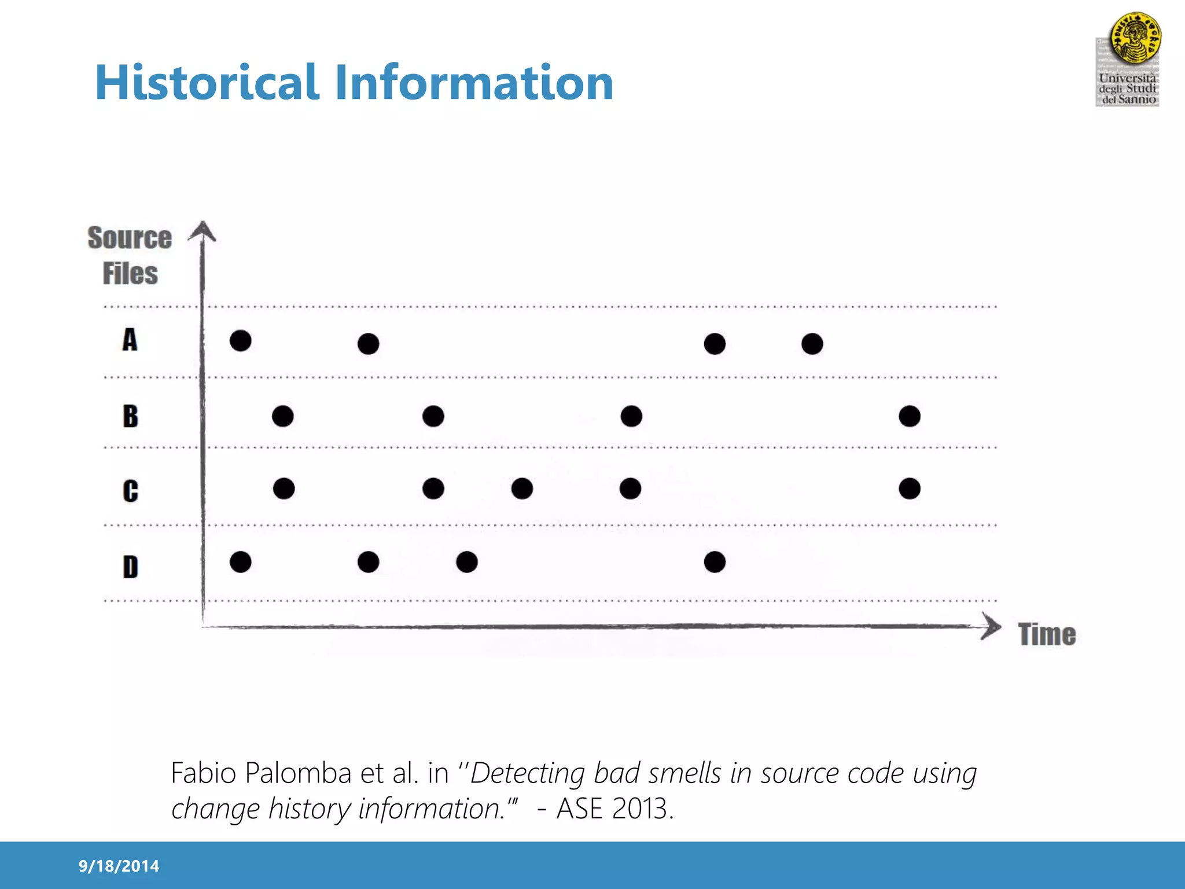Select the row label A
[x=130, y=340]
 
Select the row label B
[x=130, y=416]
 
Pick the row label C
[x=130, y=491]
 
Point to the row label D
[x=130, y=567]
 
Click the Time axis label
[x=1047, y=634]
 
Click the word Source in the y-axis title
[x=130, y=238]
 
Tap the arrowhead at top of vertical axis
[x=202, y=230]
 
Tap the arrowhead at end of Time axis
[x=992, y=627]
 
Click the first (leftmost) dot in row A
[x=240, y=340]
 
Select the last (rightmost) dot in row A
[x=812, y=344]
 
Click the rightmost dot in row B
[x=910, y=416]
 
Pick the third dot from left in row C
[x=522, y=488]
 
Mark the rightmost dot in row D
[x=715, y=561]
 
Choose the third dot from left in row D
[x=466, y=561]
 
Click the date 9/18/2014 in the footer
[x=119, y=866]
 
